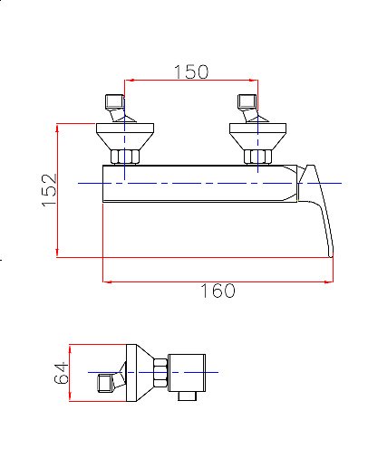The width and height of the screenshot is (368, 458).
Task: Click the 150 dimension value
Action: click(191, 72)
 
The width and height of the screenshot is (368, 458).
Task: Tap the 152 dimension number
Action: click(49, 190)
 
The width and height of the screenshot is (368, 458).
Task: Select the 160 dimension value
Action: click(218, 291)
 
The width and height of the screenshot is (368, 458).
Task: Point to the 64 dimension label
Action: click(62, 372)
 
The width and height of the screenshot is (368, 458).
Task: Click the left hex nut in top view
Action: click(125, 157)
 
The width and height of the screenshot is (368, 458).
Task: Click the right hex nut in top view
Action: click(257, 157)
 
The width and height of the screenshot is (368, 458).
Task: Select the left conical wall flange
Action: click(125, 137)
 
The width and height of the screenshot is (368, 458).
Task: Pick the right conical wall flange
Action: click(257, 137)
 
